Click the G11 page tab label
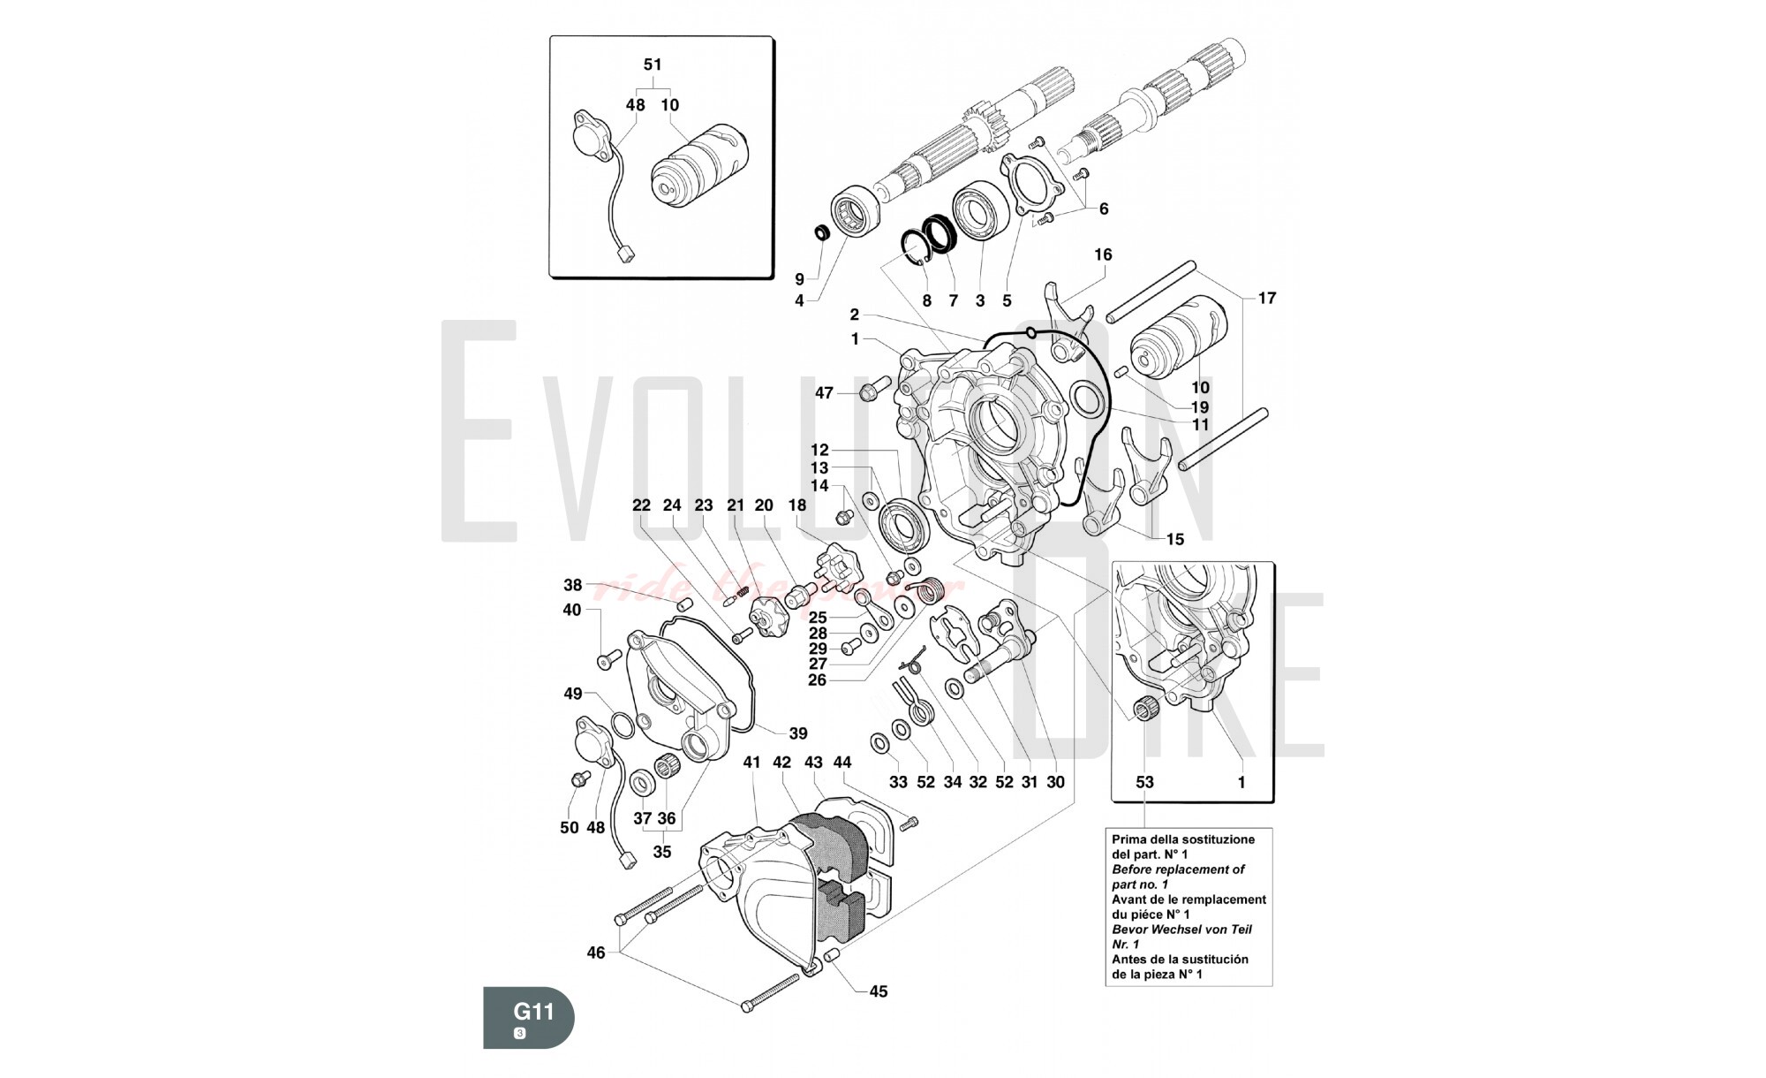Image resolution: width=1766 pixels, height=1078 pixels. click(533, 1010)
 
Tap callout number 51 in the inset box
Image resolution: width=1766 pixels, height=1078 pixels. click(653, 65)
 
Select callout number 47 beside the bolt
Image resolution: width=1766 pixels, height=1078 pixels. click(824, 393)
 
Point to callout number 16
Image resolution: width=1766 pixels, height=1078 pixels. click(1103, 254)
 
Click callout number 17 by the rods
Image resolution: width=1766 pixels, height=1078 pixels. click(1267, 298)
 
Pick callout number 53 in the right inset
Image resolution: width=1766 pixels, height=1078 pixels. click(1144, 782)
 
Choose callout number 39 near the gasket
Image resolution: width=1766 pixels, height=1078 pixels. click(798, 733)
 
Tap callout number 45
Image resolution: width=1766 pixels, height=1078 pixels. click(878, 991)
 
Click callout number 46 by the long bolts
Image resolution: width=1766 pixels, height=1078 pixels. click(596, 953)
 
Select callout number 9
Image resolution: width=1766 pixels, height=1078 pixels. click(799, 279)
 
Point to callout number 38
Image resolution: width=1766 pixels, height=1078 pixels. click(573, 585)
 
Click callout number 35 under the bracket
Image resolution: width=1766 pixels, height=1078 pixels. click(661, 852)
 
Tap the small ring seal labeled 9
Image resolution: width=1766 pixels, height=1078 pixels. click(821, 232)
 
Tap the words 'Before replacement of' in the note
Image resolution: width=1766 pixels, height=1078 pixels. click(1178, 869)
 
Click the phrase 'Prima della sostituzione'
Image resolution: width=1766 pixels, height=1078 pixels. click(1182, 839)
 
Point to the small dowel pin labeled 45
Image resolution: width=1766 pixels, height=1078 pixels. click(830, 957)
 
